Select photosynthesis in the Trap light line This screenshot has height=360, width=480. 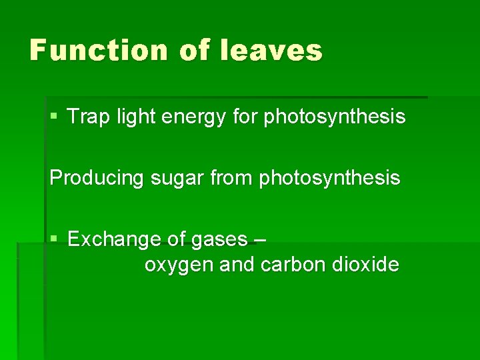(x=335, y=118)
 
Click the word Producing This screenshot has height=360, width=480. (x=93, y=179)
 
